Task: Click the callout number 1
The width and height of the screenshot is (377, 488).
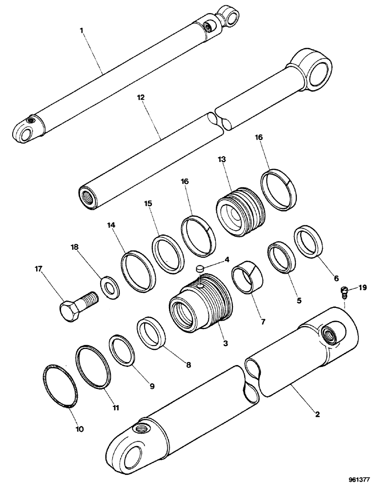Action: pos(82,30)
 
